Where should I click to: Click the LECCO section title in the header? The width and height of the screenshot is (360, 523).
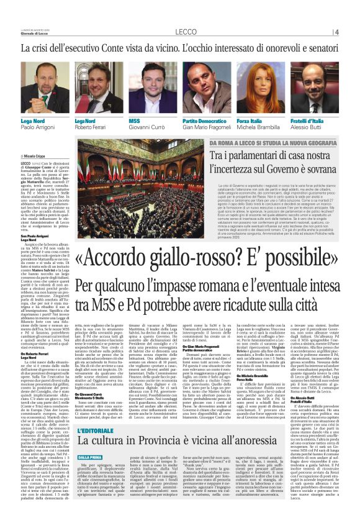coord(186,31)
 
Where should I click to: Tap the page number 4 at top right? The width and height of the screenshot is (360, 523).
coord(336,31)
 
